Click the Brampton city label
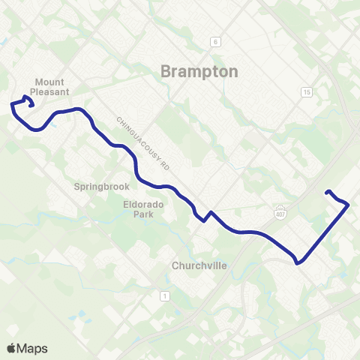[199, 71]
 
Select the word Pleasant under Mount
[51, 92]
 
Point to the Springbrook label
[102, 186]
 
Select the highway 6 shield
[214, 41]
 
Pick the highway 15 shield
[306, 91]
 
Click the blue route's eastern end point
[327, 193]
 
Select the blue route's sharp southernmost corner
[298, 263]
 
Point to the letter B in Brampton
[166, 71]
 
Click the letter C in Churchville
[175, 265]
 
